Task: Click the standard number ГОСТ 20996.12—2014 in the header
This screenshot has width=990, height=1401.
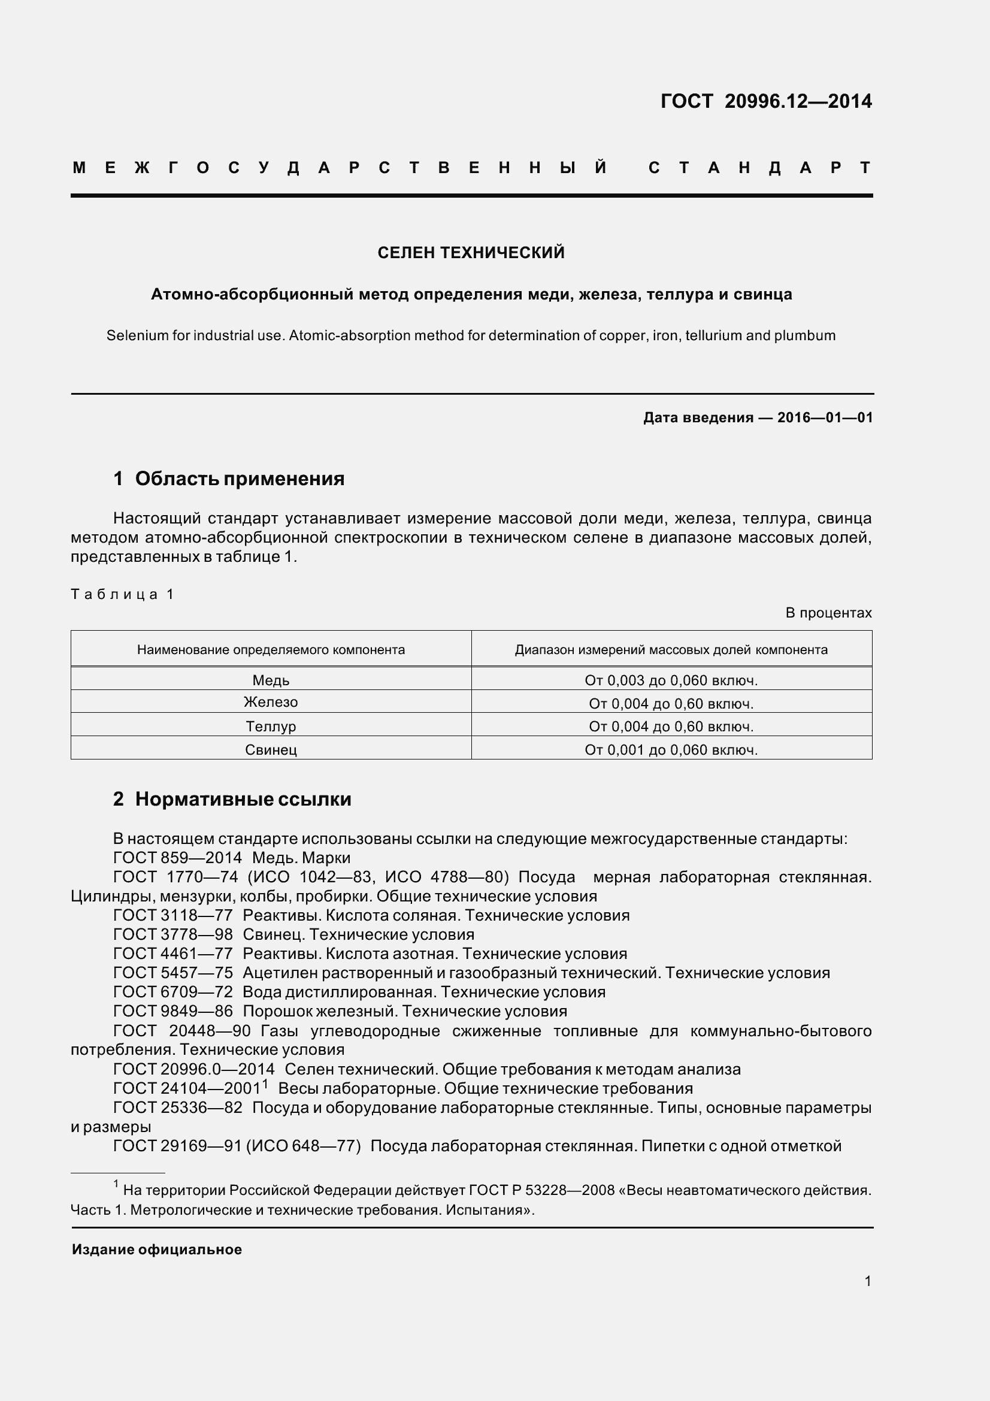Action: click(x=765, y=101)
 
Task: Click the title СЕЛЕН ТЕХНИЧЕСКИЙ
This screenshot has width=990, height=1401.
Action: click(x=471, y=253)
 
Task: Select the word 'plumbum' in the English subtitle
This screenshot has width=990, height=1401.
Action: click(x=804, y=335)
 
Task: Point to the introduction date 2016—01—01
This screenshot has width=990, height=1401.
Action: click(x=825, y=418)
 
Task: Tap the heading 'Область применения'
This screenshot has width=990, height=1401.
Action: click(x=239, y=479)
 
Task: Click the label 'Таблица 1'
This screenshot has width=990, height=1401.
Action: click(x=123, y=594)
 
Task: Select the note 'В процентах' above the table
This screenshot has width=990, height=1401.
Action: click(x=828, y=613)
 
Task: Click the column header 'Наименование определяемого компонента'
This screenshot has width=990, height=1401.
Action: click(x=271, y=650)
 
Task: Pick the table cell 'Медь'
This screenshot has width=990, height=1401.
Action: click(x=271, y=680)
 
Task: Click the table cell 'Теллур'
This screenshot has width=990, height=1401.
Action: click(x=271, y=727)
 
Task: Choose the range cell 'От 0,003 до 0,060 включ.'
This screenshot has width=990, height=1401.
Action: click(x=671, y=680)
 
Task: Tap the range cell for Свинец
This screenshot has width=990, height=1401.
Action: click(x=671, y=750)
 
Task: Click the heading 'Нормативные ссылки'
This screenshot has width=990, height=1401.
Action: click(x=243, y=800)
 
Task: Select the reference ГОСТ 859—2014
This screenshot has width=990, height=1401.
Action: click(x=177, y=858)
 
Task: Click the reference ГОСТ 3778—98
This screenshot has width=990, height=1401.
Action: click(x=173, y=934)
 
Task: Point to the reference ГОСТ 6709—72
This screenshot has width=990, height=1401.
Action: click(x=173, y=991)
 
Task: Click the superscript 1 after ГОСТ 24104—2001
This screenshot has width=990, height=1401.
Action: click(x=265, y=1084)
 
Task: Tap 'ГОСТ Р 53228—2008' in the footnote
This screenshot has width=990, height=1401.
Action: click(x=541, y=1191)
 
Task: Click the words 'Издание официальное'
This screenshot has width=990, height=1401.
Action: click(x=157, y=1249)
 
